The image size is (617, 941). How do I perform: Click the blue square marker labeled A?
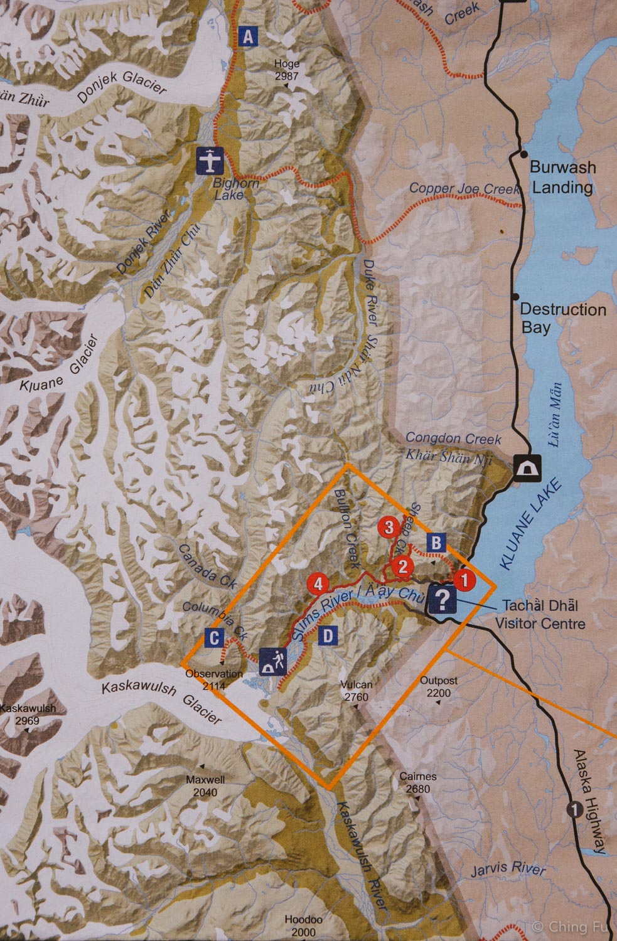pos(249,37)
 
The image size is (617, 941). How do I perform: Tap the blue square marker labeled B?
pos(437,542)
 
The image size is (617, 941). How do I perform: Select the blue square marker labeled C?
pos(215,639)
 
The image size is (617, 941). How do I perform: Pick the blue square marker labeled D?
pos(328,636)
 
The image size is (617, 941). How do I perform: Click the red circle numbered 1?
pos(464,580)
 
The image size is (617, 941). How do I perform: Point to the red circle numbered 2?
pos(402,566)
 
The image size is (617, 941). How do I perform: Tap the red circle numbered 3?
pos(389,527)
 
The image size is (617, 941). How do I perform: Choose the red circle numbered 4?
pos(318,584)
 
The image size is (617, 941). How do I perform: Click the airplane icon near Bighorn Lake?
pos(210,161)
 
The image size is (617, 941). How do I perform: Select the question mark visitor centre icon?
pos(443,600)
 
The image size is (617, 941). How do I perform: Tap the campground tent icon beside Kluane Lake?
pos(528,468)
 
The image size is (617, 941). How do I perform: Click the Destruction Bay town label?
pos(562,318)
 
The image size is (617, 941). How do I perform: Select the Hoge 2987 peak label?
pos(287,70)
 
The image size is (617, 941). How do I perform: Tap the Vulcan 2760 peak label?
pos(356,691)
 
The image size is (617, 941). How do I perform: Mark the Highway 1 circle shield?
pos(574,809)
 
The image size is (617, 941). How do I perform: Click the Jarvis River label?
pos(508,868)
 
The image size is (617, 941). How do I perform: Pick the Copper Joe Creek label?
pos(464,188)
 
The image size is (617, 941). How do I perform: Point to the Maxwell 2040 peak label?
pos(205,786)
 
